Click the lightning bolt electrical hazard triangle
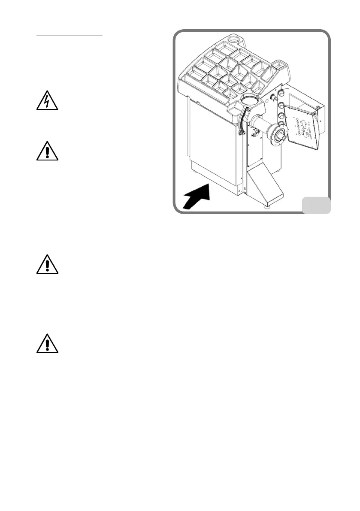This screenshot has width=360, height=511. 47,102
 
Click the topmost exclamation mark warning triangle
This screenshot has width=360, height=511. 47,151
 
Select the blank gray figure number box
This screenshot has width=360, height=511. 316,205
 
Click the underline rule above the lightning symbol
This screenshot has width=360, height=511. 69,36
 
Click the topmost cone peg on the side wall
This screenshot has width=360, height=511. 281,93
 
